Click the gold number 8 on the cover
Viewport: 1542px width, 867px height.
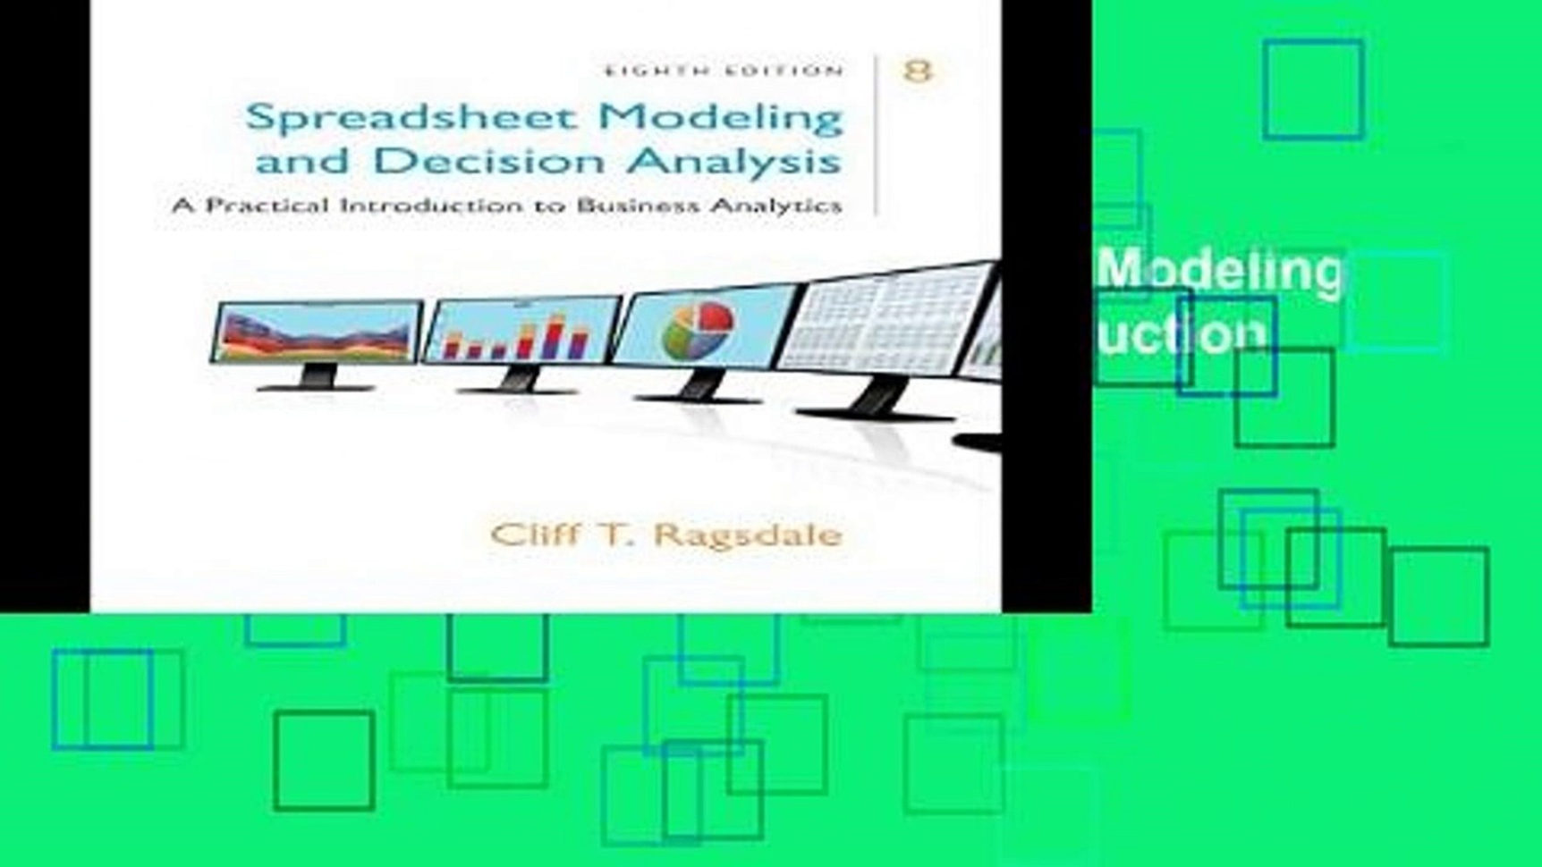coord(918,71)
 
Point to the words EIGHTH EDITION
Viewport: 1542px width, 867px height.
coord(724,71)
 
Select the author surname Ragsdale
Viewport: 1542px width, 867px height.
coord(748,535)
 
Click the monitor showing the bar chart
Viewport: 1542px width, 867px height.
coord(522,330)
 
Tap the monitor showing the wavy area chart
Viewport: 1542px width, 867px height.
coord(318,332)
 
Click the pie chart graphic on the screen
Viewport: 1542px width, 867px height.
coord(699,330)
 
